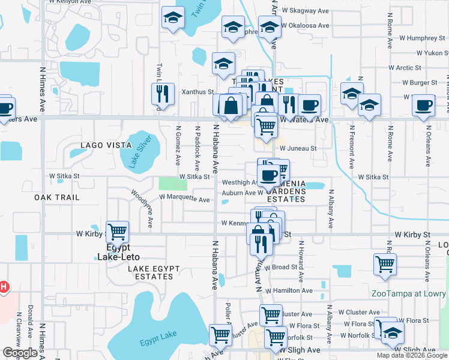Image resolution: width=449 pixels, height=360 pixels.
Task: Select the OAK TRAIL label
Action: [57, 197]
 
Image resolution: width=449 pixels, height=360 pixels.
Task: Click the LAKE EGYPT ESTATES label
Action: [150, 272]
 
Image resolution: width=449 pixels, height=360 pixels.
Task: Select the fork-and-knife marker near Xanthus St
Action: [162, 94]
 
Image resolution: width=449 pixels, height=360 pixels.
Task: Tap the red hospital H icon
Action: [3, 287]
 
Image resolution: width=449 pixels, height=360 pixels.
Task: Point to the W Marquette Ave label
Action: [184, 199]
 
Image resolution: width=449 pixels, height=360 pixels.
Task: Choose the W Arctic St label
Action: [405, 68]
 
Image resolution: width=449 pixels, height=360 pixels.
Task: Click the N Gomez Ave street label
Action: [178, 145]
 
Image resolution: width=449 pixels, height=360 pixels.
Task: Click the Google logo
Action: [20, 353]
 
